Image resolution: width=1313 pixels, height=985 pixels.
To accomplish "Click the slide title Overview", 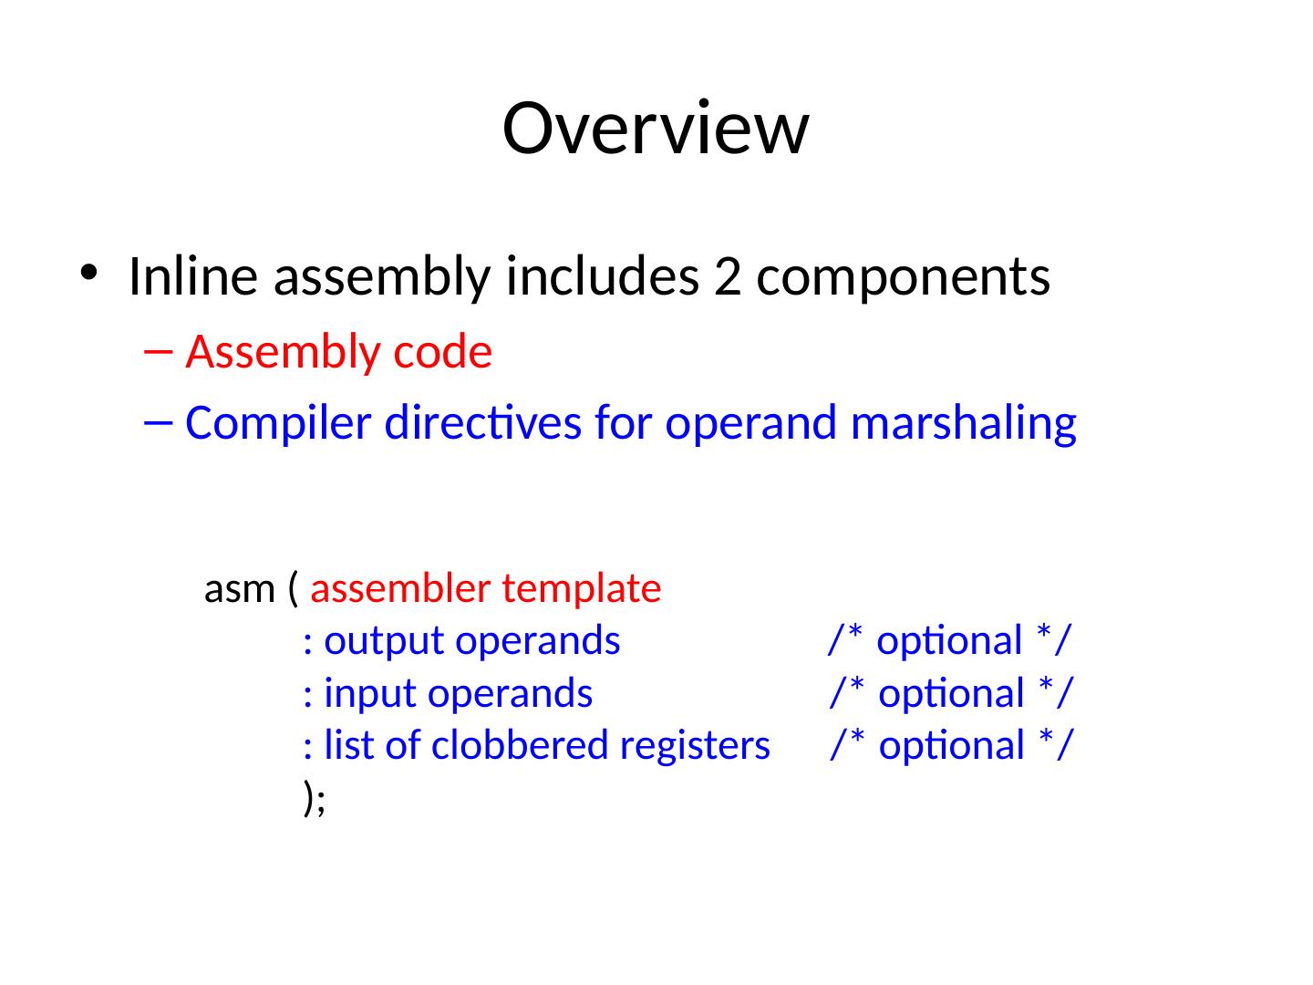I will (655, 129).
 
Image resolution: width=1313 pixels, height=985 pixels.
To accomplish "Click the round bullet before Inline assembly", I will (88, 273).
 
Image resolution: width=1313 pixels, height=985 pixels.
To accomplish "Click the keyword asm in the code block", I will (240, 590).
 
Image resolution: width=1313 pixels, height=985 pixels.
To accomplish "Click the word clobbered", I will (521, 746).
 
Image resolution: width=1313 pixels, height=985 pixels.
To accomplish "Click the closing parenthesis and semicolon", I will (314, 798).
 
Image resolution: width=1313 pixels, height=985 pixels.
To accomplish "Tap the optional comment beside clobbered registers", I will (951, 746).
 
